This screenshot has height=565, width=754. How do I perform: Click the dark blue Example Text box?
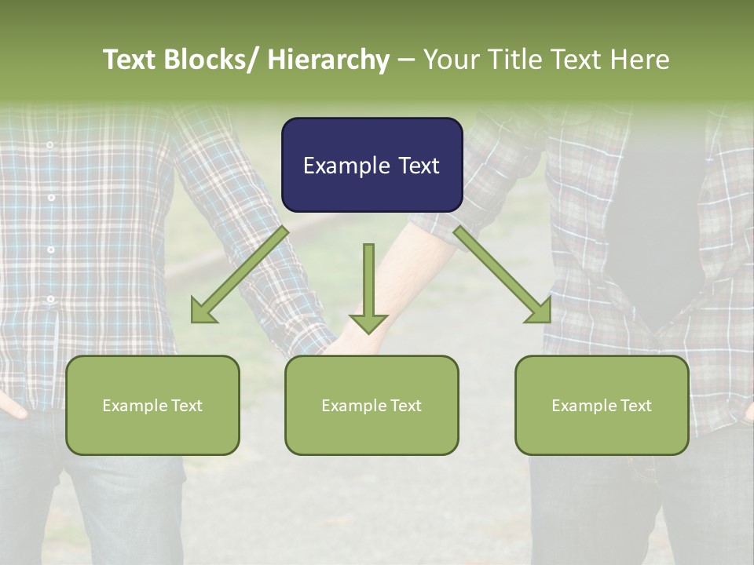click(372, 165)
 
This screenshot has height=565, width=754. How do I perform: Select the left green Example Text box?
click(152, 405)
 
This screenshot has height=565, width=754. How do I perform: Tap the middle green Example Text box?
click(372, 405)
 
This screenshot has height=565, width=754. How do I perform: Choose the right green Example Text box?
click(602, 405)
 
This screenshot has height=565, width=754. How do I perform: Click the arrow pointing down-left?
click(240, 275)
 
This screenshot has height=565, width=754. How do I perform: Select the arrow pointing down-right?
click(502, 275)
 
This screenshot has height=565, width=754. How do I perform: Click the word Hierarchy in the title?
click(328, 60)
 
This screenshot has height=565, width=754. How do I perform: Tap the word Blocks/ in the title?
click(206, 60)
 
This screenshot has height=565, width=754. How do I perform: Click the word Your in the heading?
click(450, 60)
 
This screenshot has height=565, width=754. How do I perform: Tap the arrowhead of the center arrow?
click(368, 322)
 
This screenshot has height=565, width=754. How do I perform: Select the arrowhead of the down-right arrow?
click(540, 312)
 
